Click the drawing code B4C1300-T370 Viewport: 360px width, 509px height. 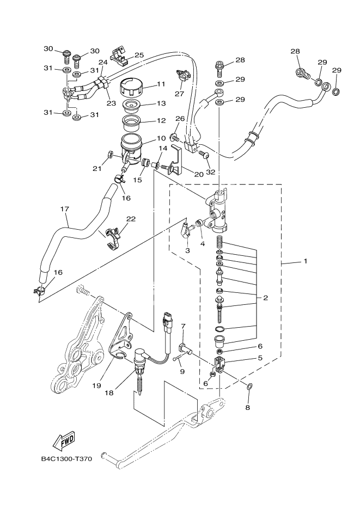click(66, 459)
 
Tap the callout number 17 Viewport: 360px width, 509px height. click(64, 208)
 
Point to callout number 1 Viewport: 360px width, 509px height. click(306, 261)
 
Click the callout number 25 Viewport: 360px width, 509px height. click(139, 55)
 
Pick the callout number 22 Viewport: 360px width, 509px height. click(131, 219)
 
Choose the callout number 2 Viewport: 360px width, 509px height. click(265, 298)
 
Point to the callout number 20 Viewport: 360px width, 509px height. click(198, 174)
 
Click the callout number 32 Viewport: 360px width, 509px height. click(210, 173)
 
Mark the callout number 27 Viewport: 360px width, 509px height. click(178, 94)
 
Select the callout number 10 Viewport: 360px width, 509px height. click(161, 139)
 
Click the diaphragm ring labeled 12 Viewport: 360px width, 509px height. click(130, 119)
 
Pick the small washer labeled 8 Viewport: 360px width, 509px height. click(248, 386)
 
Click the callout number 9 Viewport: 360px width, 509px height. click(168, 371)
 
